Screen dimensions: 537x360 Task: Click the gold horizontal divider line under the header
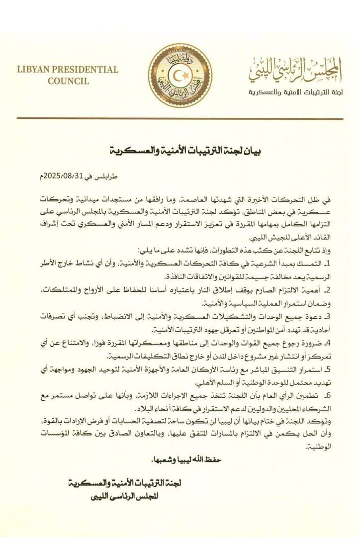coord(180,118)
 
